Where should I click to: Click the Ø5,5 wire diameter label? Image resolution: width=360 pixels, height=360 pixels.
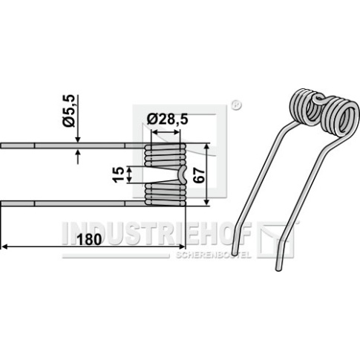[68, 111]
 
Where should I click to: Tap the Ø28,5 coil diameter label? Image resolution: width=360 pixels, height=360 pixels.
[167, 120]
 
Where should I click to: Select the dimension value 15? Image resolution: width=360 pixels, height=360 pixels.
[118, 174]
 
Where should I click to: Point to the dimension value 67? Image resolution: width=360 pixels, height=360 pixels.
[199, 176]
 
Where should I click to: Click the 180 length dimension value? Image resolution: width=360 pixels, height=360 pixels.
[89, 240]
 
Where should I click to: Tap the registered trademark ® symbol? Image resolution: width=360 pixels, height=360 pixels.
[236, 105]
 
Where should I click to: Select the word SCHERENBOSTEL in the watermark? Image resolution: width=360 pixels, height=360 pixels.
[213, 255]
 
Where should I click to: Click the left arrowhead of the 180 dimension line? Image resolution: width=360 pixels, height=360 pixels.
[4, 246]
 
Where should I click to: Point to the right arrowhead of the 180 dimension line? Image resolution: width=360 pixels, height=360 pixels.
[182, 246]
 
